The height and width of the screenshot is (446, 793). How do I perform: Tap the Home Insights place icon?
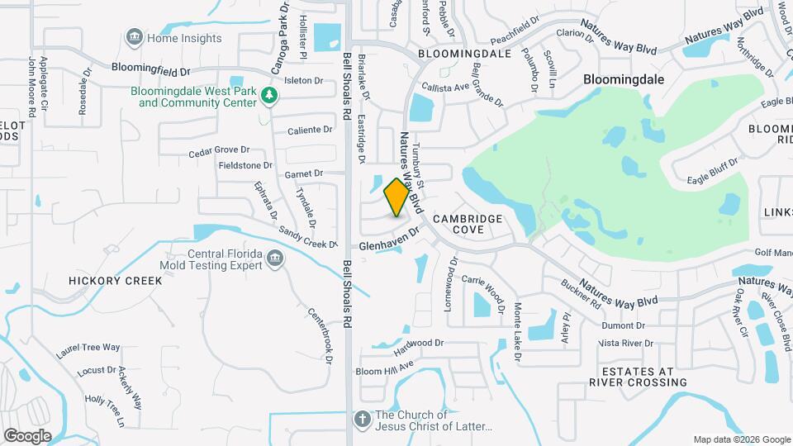pyautogui.click(x=133, y=37)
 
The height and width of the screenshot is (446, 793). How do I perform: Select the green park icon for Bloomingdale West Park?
pyautogui.click(x=268, y=97)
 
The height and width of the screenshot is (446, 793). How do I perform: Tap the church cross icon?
pyautogui.click(x=361, y=420)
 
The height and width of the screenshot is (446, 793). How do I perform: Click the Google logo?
pyautogui.click(x=27, y=435)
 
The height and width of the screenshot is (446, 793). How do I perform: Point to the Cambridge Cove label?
pyautogui.click(x=468, y=224)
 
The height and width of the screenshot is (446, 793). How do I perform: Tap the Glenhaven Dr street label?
pyautogui.click(x=391, y=240)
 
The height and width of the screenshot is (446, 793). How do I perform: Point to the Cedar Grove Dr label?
pyautogui.click(x=219, y=150)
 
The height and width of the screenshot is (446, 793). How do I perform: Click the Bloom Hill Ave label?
pyautogui.click(x=384, y=369)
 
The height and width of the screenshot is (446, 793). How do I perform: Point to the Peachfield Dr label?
pyautogui.click(x=515, y=34)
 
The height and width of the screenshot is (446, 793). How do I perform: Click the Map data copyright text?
pyautogui.click(x=740, y=439)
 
